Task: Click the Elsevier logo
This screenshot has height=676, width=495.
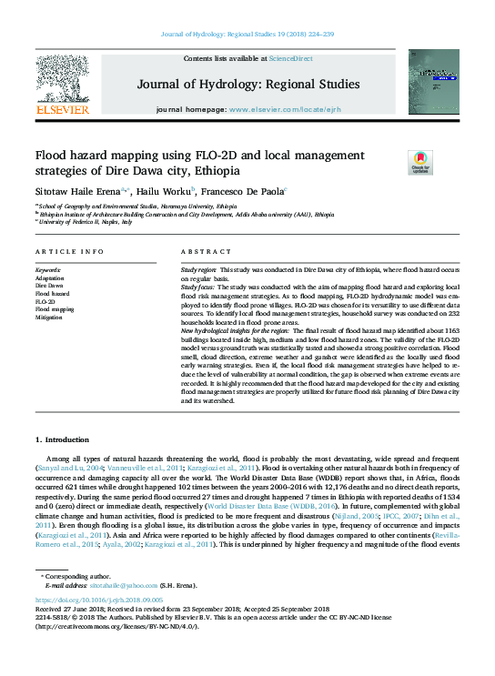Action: point(62,87)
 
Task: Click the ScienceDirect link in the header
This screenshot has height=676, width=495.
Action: point(291,58)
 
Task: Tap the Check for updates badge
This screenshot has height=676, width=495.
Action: point(419,162)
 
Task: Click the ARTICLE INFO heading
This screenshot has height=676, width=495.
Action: point(69,251)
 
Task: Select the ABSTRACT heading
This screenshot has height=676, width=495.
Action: point(201,251)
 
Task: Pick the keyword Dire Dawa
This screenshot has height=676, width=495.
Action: point(49,286)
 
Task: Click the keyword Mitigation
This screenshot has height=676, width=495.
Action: point(49,317)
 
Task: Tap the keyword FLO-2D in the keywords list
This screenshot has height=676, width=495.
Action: point(45,301)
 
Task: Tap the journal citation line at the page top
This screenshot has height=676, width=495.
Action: point(247,34)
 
